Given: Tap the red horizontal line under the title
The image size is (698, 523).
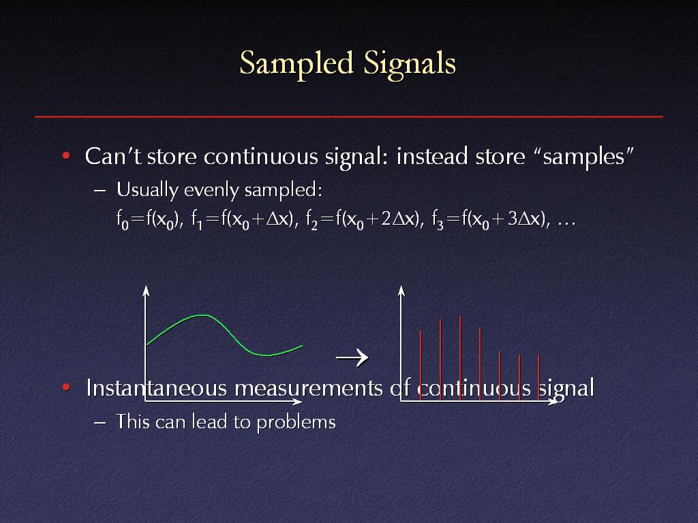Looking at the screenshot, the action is click(x=349, y=116).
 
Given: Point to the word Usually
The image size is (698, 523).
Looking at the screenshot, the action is click(x=147, y=190).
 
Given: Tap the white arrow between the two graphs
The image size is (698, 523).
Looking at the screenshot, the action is click(x=352, y=357).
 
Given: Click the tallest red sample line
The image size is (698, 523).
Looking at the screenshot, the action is click(x=460, y=358).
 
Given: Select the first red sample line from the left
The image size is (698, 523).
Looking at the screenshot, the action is click(x=421, y=366).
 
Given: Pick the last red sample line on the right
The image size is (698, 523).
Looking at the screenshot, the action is click(x=538, y=377).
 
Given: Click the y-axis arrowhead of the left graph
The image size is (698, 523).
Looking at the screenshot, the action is click(x=146, y=291).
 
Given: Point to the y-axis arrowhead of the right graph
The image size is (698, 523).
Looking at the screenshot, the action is click(x=401, y=291).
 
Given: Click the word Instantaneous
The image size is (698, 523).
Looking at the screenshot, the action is click(x=157, y=387).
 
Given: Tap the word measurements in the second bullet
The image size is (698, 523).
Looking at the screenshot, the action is click(x=309, y=388).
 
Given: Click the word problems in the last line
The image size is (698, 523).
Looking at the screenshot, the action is click(x=296, y=422).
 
